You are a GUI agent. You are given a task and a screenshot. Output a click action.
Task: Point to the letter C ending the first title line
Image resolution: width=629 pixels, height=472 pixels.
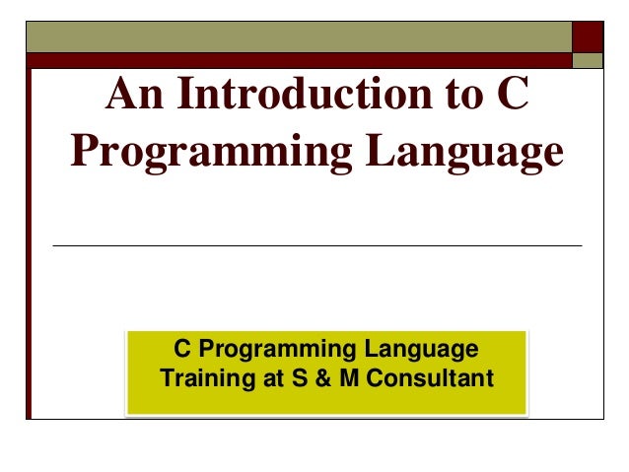(x=512, y=97)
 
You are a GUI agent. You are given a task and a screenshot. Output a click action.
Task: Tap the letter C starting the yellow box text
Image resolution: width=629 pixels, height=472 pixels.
(x=181, y=350)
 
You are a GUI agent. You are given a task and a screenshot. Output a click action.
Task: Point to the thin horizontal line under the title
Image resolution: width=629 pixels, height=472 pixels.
(x=315, y=244)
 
